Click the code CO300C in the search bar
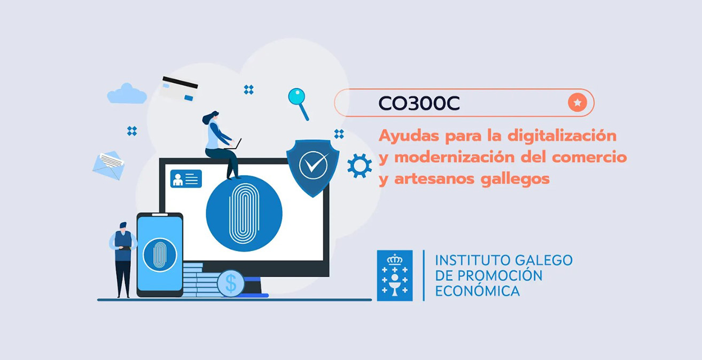pos(419,103)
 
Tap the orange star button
pos(578,103)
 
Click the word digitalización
pos(562,136)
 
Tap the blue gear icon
pos(360,166)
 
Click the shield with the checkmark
pos(313,167)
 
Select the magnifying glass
pos(298,104)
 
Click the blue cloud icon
pos(127,93)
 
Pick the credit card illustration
pos(178,89)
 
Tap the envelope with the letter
pos(108,165)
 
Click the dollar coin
pos(231,283)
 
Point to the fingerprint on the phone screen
pos(160,255)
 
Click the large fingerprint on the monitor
pos(244,214)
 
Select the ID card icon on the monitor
pos(186,178)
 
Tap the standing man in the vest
pos(123,260)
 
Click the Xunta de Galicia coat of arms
pos(395,276)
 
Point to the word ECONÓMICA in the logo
pos(477,291)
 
